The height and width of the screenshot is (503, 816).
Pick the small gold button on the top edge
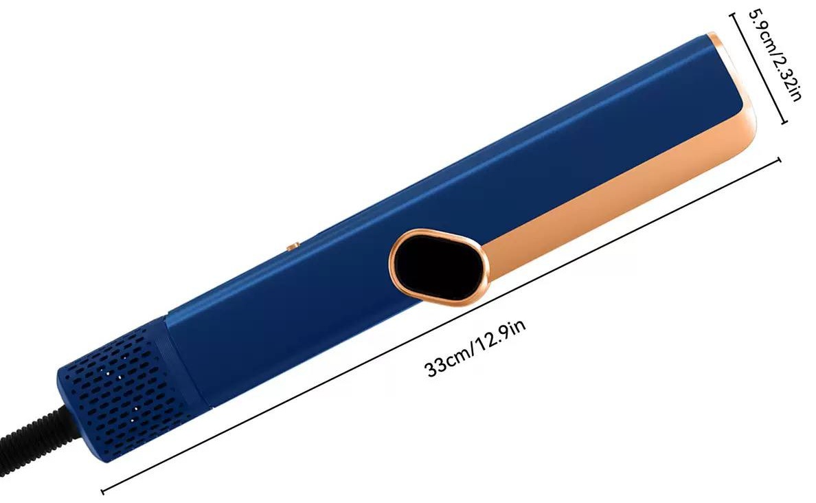tap(293, 245)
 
